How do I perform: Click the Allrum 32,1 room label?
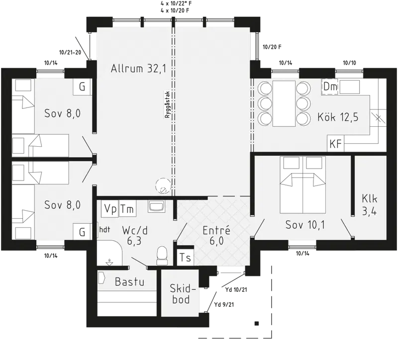(138, 69)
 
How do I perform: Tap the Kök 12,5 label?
(338, 117)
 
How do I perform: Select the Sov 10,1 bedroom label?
(305, 225)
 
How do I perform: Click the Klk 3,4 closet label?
(369, 205)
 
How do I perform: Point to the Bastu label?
(129, 281)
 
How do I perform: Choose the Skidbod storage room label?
(182, 294)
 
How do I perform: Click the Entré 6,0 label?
(216, 235)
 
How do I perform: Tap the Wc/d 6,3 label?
(134, 235)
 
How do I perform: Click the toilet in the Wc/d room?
(162, 256)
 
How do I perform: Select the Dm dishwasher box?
(330, 87)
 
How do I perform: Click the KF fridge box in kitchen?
(335, 144)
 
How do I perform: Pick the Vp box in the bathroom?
(110, 209)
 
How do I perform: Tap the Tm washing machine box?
(127, 209)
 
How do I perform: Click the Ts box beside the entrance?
(185, 258)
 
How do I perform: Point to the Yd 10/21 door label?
(236, 289)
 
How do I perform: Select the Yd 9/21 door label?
(224, 304)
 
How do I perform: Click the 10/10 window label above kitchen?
(349, 63)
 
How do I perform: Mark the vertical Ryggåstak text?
(167, 104)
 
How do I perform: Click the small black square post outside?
(257, 323)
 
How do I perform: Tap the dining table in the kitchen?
(284, 103)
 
